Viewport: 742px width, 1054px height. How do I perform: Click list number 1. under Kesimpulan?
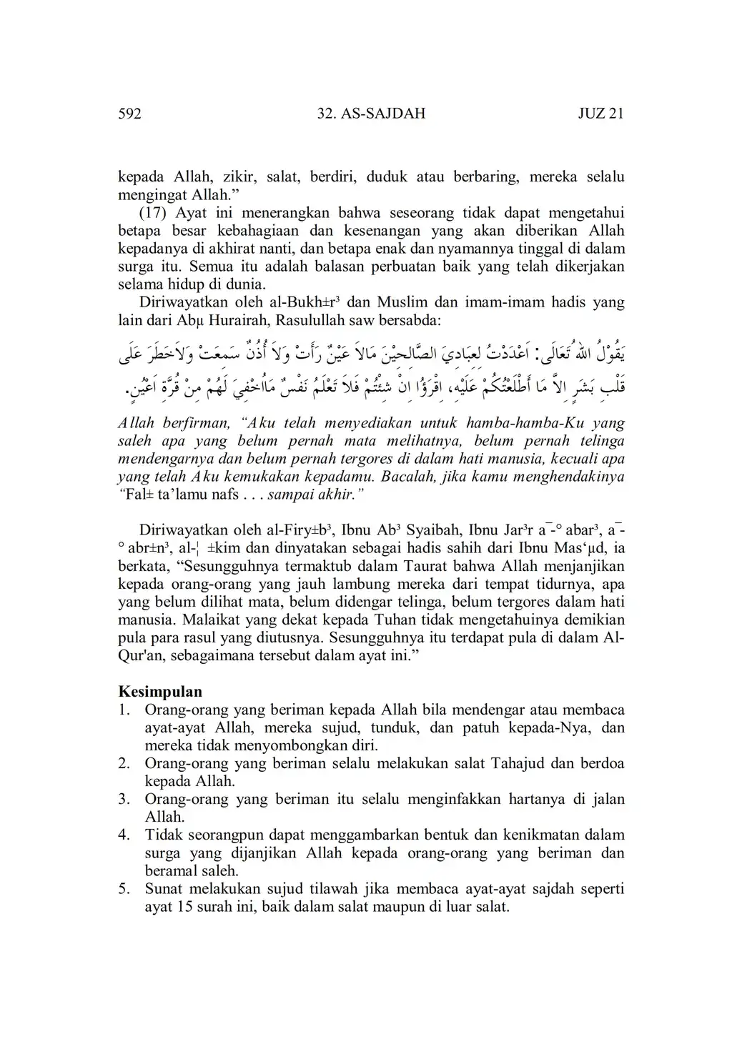[124, 710]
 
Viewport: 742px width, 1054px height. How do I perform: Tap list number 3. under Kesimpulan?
[124, 799]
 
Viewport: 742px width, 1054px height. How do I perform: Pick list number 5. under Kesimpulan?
[124, 889]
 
